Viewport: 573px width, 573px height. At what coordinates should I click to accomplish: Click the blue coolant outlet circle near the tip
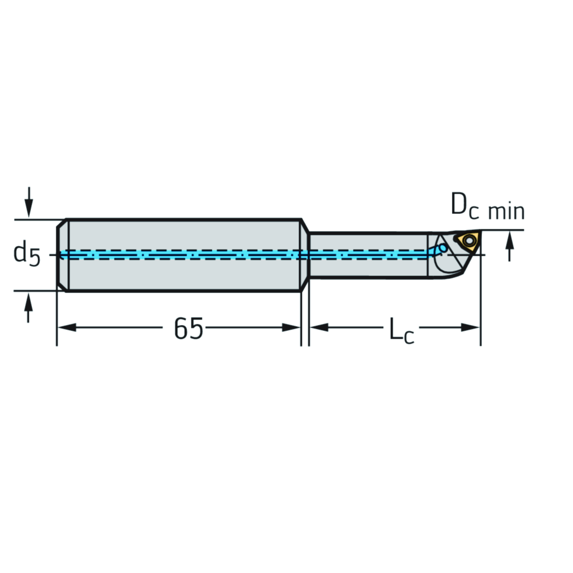tap(443, 247)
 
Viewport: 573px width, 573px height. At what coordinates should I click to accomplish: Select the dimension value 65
tap(188, 328)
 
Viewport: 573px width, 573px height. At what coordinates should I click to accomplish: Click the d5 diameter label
tap(27, 253)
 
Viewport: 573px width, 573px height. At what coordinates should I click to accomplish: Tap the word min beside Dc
tap(506, 212)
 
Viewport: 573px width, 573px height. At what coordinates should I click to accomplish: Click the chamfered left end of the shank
tap(61, 255)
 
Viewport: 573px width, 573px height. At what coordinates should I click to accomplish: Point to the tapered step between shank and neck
tap(305, 255)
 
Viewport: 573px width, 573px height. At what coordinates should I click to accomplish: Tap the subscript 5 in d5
tap(35, 257)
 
